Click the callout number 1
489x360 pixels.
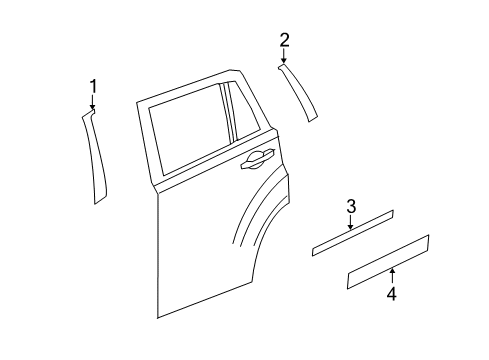click(x=93, y=86)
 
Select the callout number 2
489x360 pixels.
click(x=284, y=40)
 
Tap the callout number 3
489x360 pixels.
click(x=351, y=207)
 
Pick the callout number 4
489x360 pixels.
click(x=392, y=294)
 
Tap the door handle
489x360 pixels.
click(x=256, y=158)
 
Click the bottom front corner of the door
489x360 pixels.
click(x=158, y=315)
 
